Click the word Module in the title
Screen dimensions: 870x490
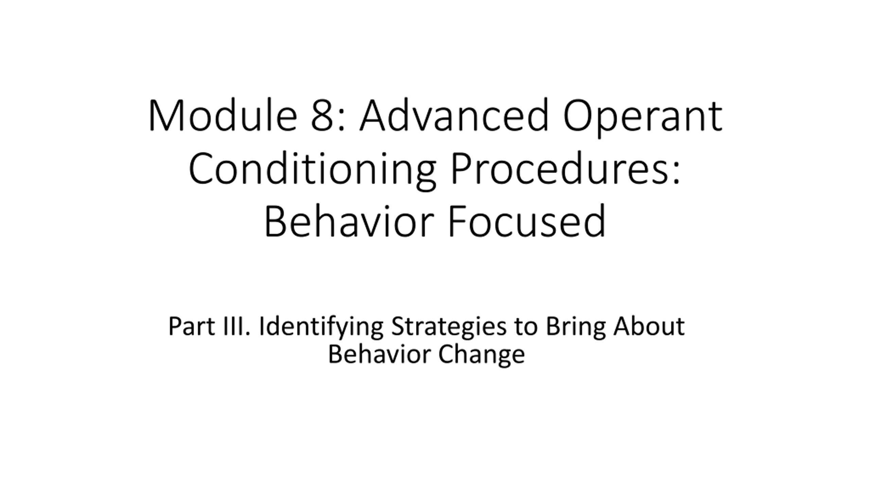click(x=223, y=115)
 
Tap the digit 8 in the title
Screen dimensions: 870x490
click(x=322, y=116)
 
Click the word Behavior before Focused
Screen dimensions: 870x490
click(x=349, y=222)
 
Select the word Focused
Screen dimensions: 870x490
click(x=527, y=222)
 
